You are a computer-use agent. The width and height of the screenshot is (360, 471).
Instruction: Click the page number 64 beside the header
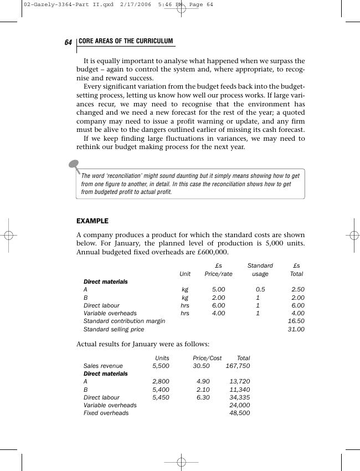[x=68, y=43]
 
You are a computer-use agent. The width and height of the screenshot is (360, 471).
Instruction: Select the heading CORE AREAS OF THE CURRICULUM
[x=126, y=42]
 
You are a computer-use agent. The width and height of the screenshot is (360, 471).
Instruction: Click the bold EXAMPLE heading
[x=92, y=221]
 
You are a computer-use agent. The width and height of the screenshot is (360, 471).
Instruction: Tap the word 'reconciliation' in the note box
[x=128, y=176]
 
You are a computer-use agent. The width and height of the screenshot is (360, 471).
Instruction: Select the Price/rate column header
[x=218, y=274]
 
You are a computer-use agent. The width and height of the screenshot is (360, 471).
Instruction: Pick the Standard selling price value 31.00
[x=296, y=329]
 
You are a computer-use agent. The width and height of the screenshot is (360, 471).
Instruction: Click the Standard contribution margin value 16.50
[x=296, y=321]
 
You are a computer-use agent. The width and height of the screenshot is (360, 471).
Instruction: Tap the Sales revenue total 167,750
[x=238, y=366]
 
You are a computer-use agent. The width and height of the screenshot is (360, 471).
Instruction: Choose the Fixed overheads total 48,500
[x=240, y=413]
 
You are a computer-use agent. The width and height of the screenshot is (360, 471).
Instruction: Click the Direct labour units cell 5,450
[x=161, y=397]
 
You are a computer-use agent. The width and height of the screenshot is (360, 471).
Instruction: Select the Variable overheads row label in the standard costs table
[x=110, y=314]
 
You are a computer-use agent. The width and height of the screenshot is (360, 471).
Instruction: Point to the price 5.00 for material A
[x=218, y=290]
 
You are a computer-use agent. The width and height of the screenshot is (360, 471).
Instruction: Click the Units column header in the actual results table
[x=162, y=359]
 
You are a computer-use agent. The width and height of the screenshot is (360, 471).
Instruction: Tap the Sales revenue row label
[x=103, y=366]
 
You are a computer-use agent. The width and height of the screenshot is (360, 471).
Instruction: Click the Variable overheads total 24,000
[x=240, y=405]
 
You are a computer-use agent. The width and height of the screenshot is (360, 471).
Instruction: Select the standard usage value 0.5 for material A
[x=260, y=290]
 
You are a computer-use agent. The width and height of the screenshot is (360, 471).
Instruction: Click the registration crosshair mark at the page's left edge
[x=9, y=235]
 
